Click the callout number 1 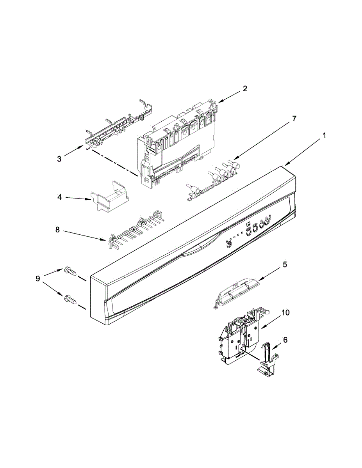324,136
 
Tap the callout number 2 245,89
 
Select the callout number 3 59,159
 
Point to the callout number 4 59,197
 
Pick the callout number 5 285,265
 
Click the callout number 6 285,340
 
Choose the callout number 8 57,230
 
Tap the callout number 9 38,279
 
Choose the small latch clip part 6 269,359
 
